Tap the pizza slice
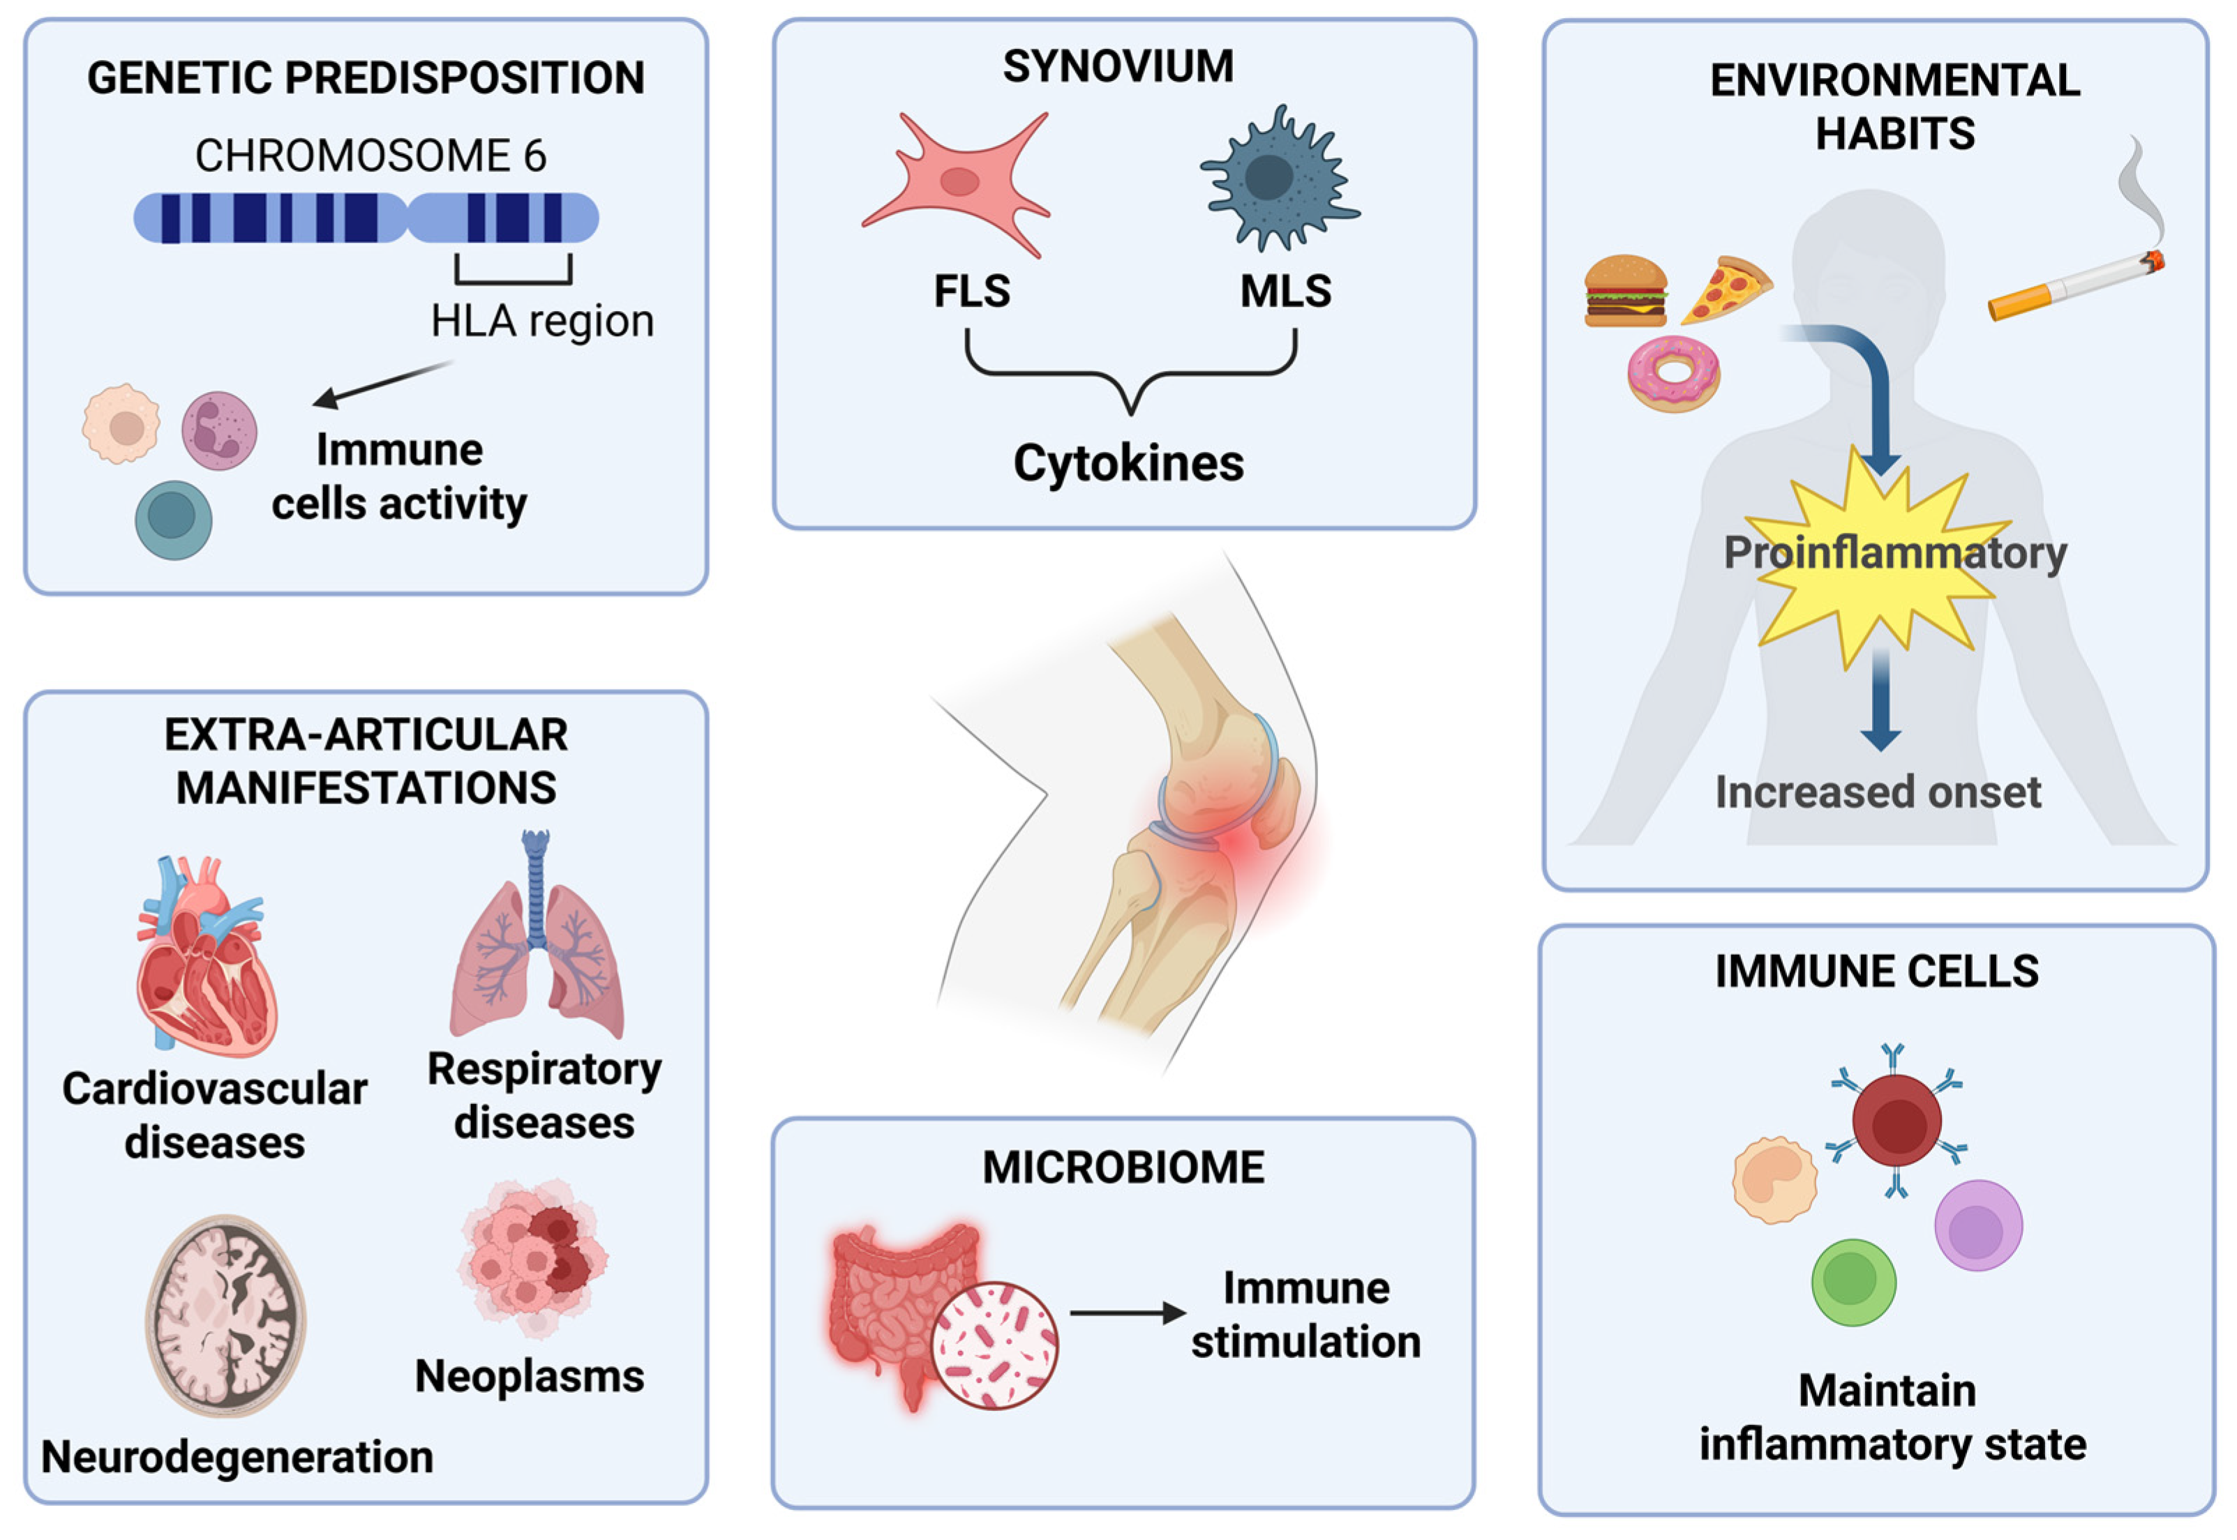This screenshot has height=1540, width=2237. [1726, 289]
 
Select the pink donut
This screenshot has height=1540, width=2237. [1673, 373]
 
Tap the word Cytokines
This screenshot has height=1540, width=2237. [1127, 463]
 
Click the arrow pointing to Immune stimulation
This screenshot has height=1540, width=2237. [1126, 1313]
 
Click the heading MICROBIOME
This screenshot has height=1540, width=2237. [1123, 1168]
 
